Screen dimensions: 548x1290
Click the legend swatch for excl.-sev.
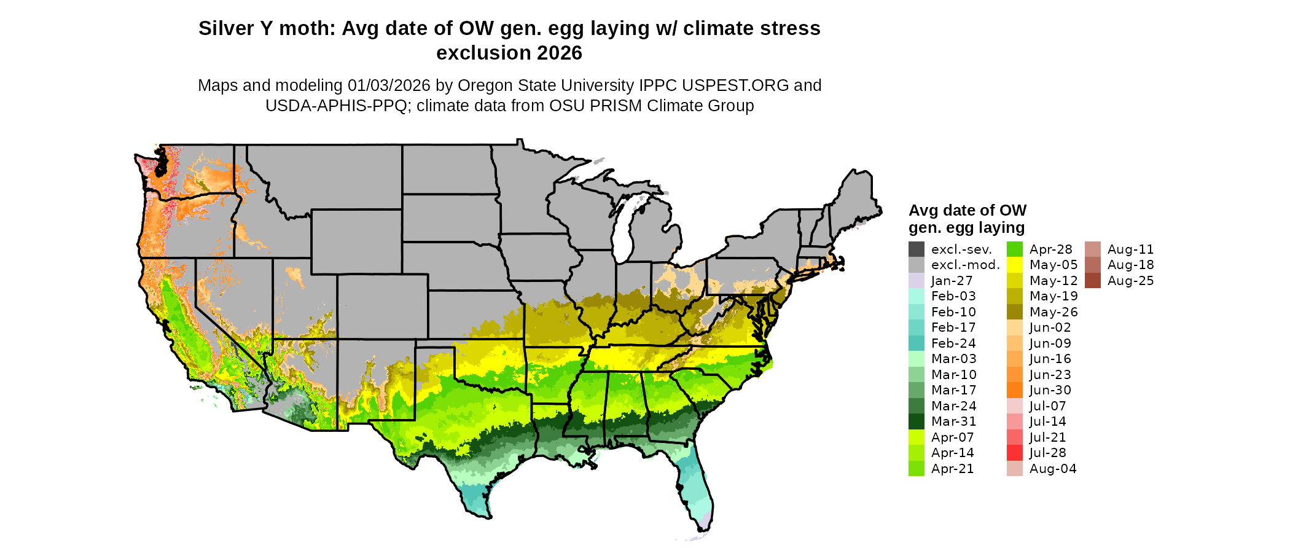917,249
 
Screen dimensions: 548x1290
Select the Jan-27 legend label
952,281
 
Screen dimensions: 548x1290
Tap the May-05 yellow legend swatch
1015,265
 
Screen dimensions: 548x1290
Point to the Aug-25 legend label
1130,281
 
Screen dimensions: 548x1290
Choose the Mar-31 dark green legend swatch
917,421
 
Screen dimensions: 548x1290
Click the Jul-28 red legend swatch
1015,453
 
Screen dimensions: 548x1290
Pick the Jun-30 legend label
1050,390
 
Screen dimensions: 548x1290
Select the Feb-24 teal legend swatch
917,343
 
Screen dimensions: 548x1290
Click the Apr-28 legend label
1050,249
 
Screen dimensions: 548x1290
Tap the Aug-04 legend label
1053,469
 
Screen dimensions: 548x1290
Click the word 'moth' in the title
307,28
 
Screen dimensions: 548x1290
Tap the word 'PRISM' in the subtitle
604,106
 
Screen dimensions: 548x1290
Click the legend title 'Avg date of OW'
967,211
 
